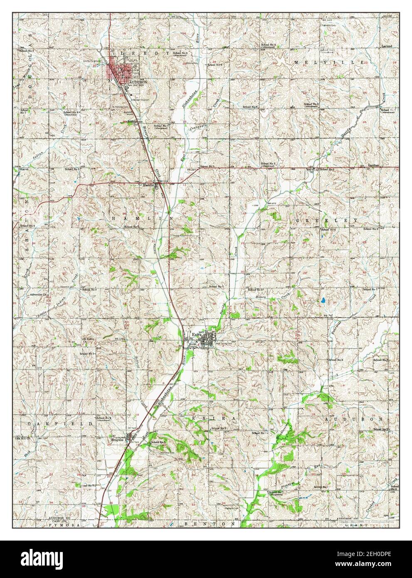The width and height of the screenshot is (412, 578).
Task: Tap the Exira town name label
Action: click(196, 333)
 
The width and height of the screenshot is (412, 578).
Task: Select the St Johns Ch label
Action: click(86, 339)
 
